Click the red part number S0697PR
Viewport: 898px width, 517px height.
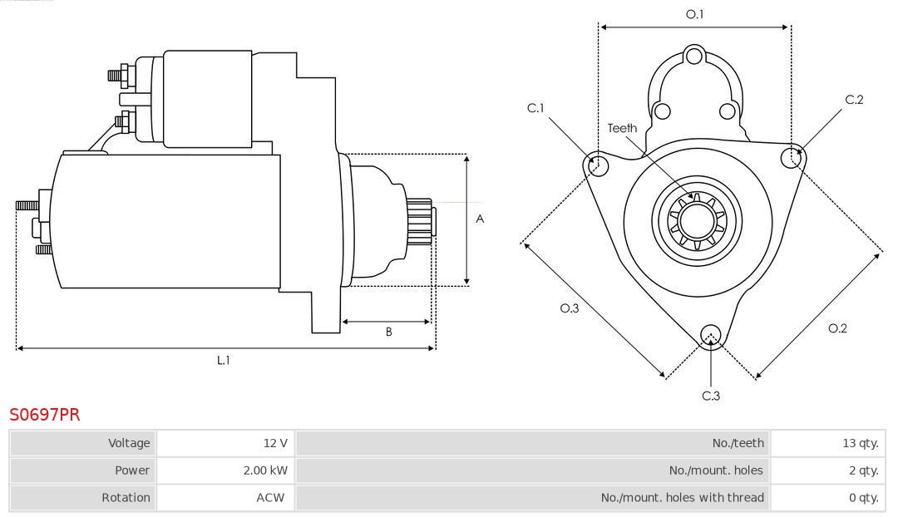45,414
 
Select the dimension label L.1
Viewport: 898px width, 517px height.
224,360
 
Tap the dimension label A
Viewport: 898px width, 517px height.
480,219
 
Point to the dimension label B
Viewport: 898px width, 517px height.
388,332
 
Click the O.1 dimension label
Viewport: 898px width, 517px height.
694,14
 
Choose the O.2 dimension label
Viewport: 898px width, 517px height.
837,328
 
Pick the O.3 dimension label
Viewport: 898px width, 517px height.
569,308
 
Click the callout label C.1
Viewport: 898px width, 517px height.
535,108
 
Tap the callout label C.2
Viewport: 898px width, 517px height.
854,100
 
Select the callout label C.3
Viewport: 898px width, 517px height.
711,396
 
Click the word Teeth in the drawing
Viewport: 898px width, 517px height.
622,128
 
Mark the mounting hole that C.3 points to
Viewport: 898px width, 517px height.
710,335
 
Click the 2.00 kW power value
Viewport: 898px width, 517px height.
265,470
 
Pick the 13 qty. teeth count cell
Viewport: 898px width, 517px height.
860,443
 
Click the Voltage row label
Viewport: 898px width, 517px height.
129,443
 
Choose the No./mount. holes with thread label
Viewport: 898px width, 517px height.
682,498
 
